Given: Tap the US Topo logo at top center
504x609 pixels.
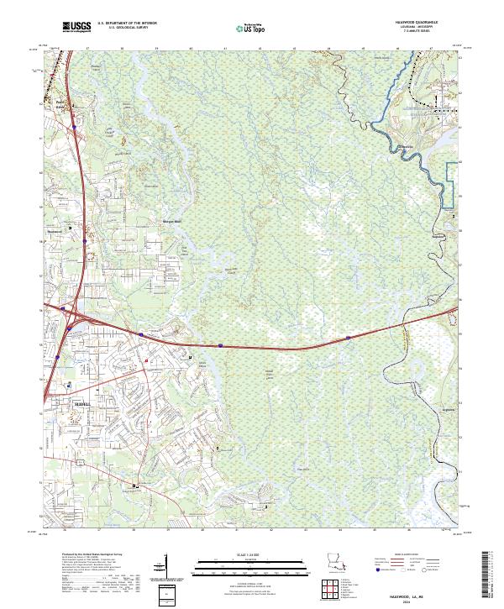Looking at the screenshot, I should (x=244, y=29).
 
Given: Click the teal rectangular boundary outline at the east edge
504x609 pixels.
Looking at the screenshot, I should (x=454, y=181).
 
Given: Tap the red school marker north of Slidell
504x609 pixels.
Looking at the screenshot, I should (x=146, y=359).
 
